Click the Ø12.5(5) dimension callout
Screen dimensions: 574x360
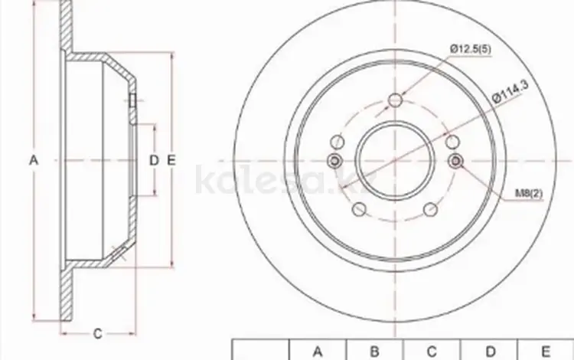[x=471, y=49]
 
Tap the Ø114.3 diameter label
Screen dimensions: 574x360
[x=511, y=92]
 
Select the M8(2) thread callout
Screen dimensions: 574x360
[x=529, y=193]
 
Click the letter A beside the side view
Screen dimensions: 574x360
[x=34, y=160]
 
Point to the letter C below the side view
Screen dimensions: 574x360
[x=97, y=333]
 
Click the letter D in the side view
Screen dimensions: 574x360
[x=154, y=160]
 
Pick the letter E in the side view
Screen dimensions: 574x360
[x=171, y=160]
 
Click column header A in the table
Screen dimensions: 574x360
[x=318, y=352]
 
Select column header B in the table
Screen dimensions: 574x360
[x=374, y=352]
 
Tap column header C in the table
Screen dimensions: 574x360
[x=432, y=352]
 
